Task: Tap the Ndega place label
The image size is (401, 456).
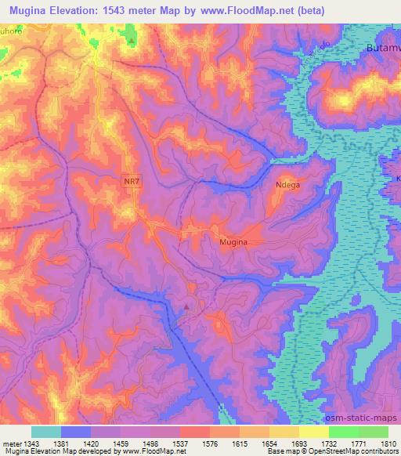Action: (288, 185)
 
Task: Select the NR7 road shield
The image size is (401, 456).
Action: (132, 181)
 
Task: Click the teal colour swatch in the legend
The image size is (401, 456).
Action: (46, 432)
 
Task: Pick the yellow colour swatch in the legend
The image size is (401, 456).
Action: (314, 432)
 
